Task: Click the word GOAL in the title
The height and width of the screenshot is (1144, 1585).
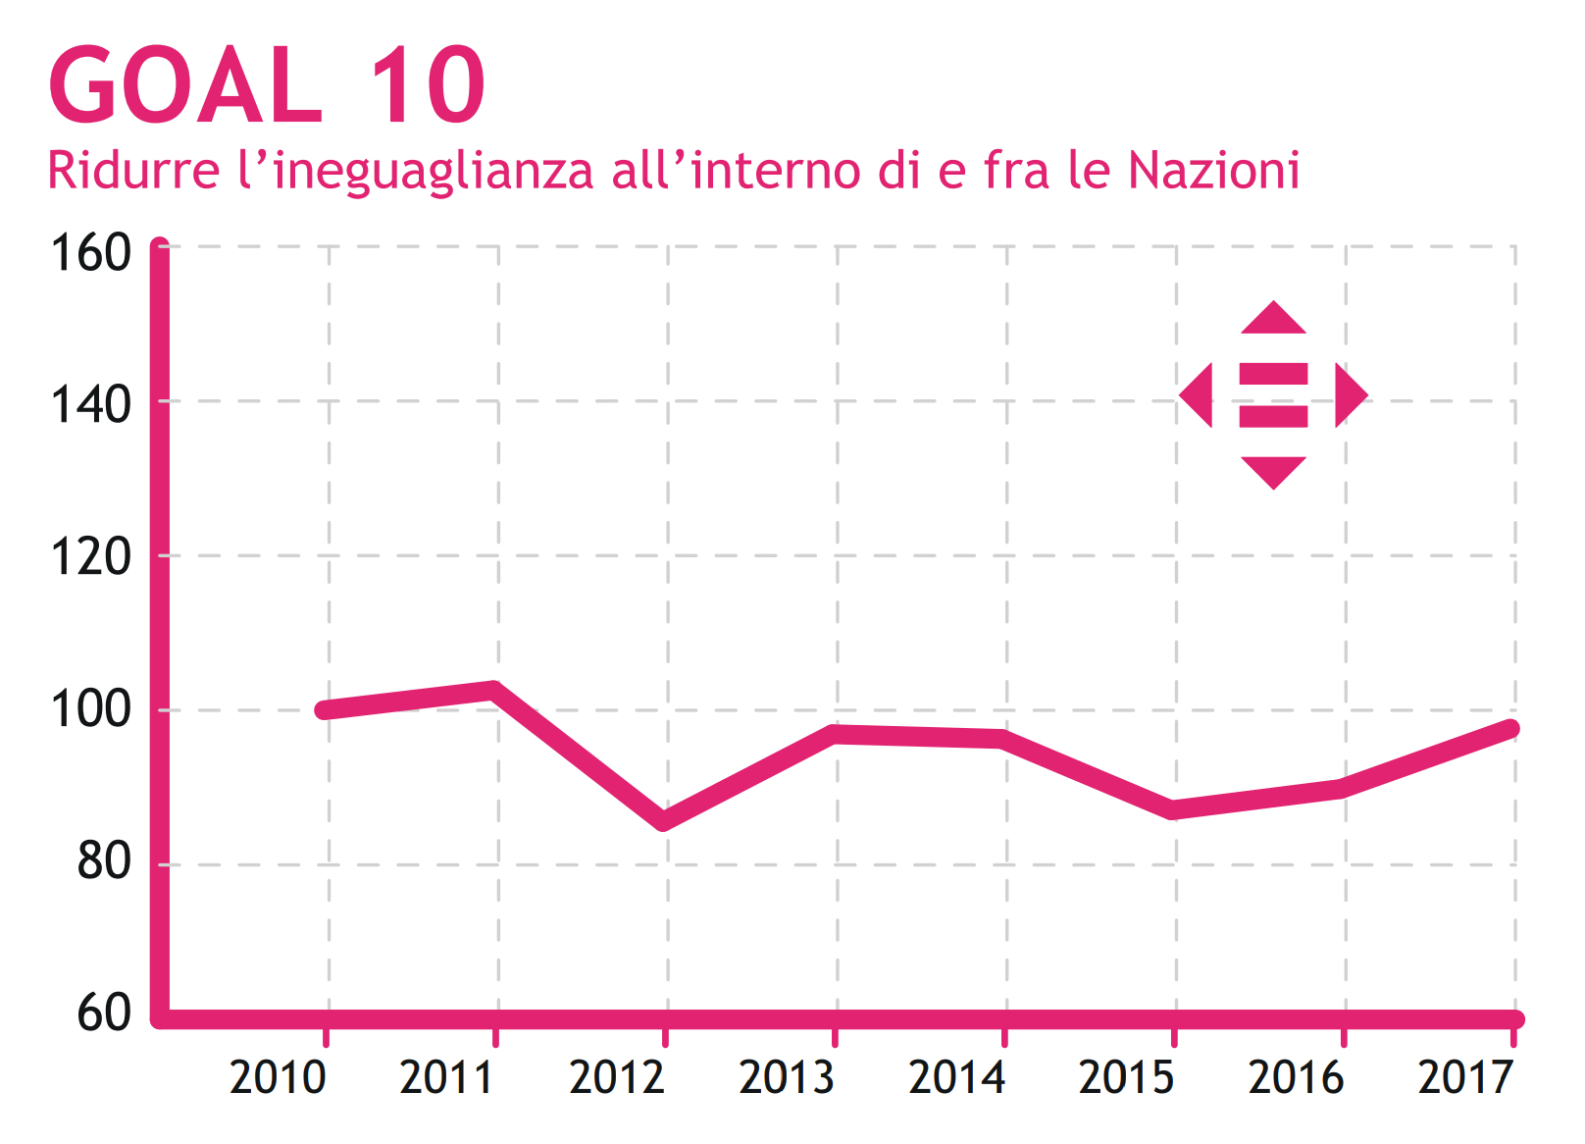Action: pyautogui.click(x=184, y=86)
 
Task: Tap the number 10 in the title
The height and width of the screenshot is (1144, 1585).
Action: pyautogui.click(x=428, y=86)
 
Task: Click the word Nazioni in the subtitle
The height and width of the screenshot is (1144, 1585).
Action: pyautogui.click(x=1213, y=171)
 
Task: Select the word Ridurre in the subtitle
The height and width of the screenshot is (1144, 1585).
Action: pyautogui.click(x=133, y=171)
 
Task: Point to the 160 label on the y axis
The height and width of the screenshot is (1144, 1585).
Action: pyautogui.click(x=90, y=253)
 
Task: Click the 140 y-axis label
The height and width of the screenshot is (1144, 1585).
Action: pyautogui.click(x=90, y=405)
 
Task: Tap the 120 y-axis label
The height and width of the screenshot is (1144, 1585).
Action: pyautogui.click(x=90, y=558)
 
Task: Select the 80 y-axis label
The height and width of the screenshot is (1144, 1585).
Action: pyautogui.click(x=103, y=862)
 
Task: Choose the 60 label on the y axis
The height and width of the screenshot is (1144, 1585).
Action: pyautogui.click(x=103, y=1013)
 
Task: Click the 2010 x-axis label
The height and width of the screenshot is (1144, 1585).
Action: pyautogui.click(x=278, y=1077)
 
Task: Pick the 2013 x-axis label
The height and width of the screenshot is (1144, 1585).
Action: pyautogui.click(x=787, y=1077)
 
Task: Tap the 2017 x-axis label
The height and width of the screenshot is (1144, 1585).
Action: pyautogui.click(x=1465, y=1077)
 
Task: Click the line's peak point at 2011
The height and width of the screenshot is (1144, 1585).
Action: pyautogui.click(x=495, y=689)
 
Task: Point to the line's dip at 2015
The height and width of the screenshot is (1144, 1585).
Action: pyautogui.click(x=1174, y=809)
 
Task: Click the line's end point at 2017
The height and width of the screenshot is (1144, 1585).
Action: pyautogui.click(x=1511, y=729)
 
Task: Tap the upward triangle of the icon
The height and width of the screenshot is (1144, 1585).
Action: pyautogui.click(x=1273, y=320)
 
